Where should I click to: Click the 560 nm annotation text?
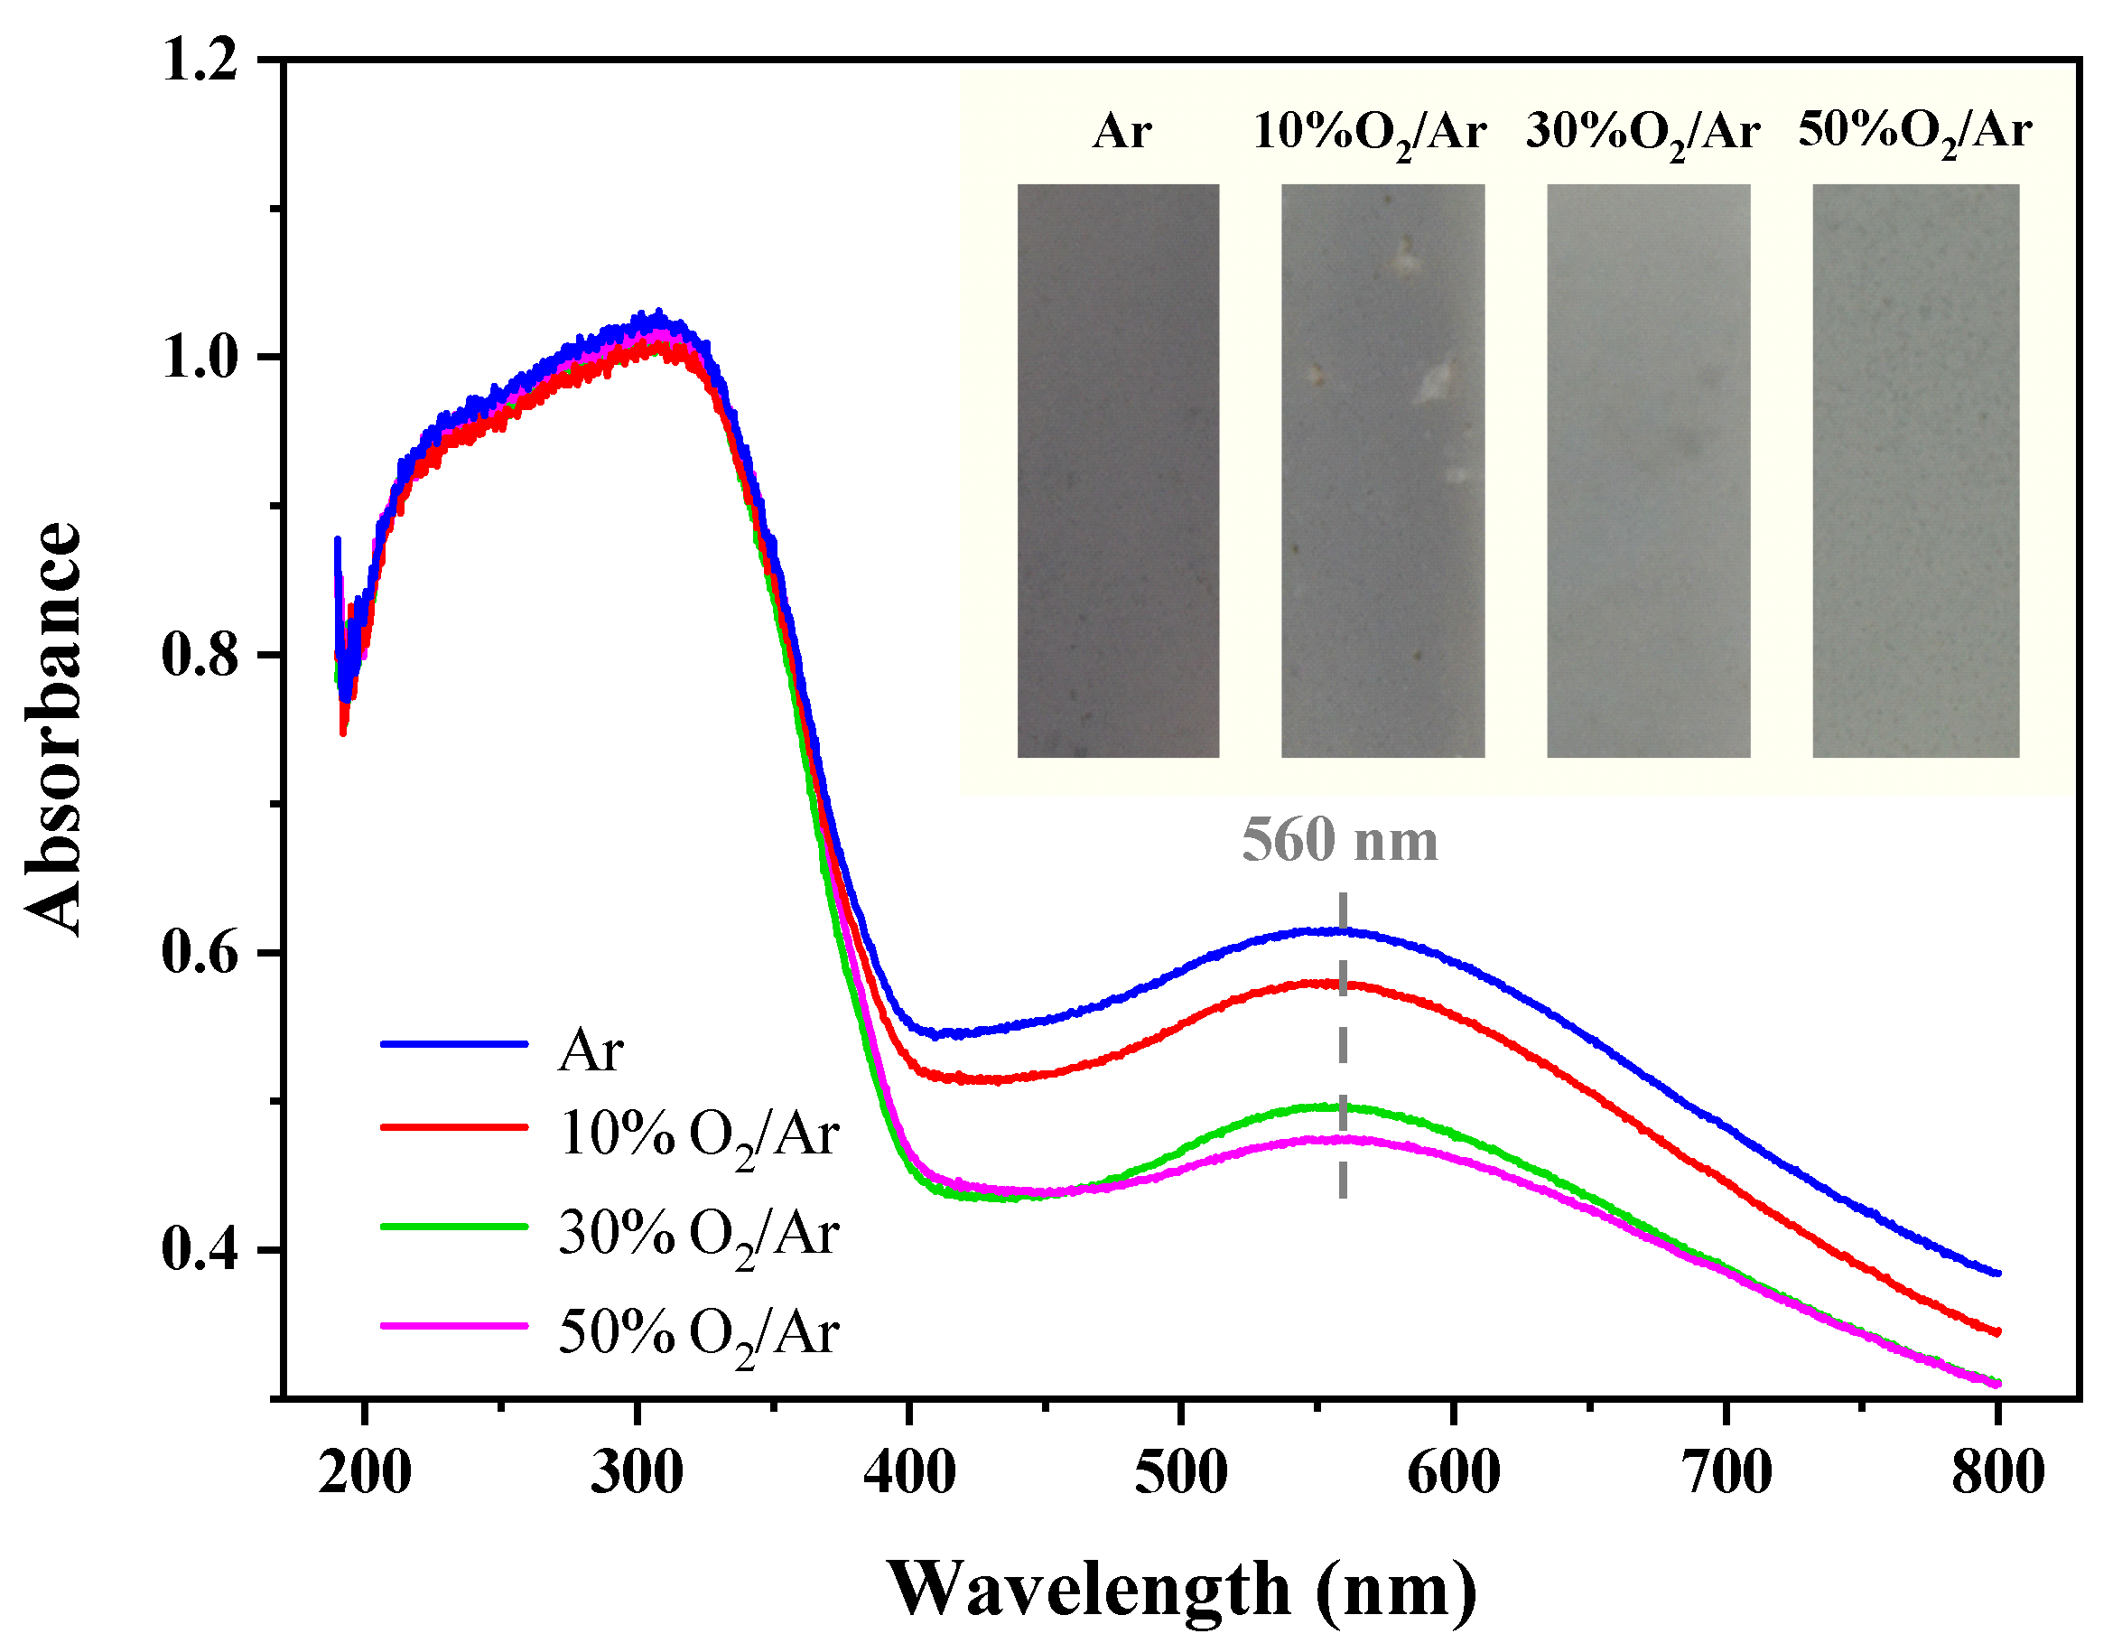coord(1340,840)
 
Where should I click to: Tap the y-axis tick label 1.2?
coord(200,61)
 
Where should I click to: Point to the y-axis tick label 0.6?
coord(200,951)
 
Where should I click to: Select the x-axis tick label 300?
coord(637,1473)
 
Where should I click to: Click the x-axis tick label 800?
coord(1997,1473)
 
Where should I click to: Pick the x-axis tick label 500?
coord(1180,1473)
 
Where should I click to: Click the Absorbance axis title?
coord(54,729)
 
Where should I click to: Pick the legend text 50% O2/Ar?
coord(698,1334)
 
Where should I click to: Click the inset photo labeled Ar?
coord(1117,471)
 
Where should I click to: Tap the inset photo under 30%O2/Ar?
coord(1648,471)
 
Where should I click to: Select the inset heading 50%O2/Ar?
coord(1914,131)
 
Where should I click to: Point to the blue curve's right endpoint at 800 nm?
coord(1996,1273)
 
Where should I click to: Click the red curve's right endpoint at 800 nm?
coord(1996,1332)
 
